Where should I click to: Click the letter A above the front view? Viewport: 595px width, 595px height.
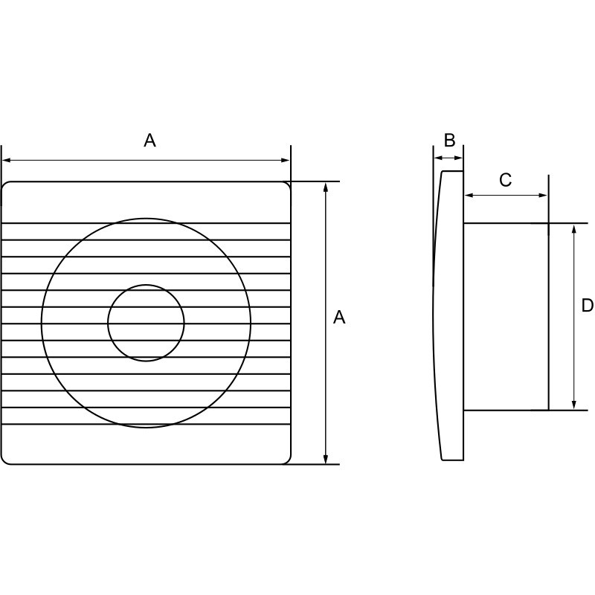[149, 141]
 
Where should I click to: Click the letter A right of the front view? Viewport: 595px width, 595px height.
[339, 318]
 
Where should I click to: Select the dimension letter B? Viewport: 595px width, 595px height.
[449, 140]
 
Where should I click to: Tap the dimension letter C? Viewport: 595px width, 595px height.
[505, 180]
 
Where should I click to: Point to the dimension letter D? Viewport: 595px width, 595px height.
[588, 305]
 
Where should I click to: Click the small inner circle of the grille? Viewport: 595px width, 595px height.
[146, 285]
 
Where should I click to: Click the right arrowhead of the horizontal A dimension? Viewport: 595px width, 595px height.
[286, 161]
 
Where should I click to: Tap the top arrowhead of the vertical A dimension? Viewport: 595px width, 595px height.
[326, 187]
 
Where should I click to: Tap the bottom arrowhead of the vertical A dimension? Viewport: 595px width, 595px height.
[326, 459]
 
